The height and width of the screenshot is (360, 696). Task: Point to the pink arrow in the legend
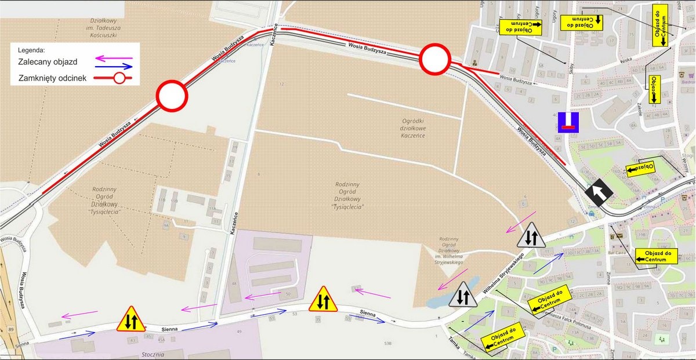114,57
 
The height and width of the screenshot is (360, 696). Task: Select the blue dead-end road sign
568,122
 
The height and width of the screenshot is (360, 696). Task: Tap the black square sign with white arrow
597,194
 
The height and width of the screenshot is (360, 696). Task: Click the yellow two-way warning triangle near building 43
131,319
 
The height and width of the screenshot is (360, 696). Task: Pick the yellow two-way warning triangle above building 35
323,299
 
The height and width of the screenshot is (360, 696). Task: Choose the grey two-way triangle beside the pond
462,295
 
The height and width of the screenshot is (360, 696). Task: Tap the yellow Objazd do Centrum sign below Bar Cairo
657,256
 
